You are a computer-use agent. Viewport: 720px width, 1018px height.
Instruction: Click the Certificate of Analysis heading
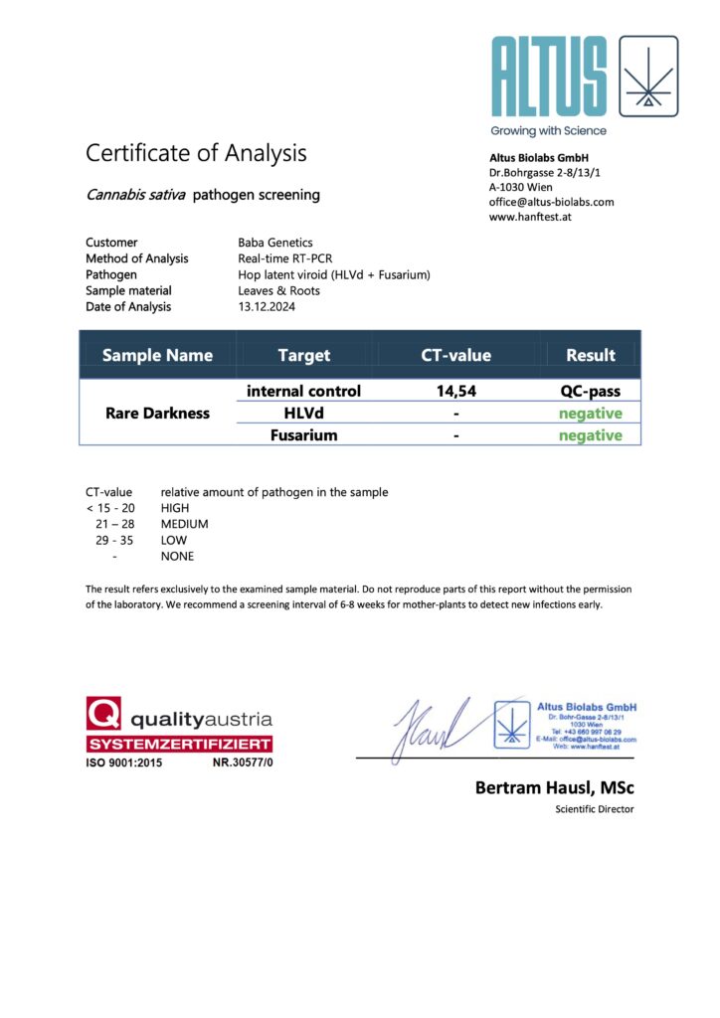point(196,153)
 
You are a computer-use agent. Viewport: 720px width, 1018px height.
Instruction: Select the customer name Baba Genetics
point(275,243)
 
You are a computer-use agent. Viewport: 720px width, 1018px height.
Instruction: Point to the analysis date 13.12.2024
point(267,306)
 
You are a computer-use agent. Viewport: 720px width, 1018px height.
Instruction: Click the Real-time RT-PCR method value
point(285,258)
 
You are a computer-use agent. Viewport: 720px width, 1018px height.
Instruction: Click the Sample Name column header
point(157,355)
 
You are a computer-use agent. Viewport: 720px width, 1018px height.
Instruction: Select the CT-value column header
point(456,355)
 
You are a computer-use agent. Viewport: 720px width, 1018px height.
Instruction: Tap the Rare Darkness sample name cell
point(157,413)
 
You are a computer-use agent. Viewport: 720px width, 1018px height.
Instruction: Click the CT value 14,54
point(456,391)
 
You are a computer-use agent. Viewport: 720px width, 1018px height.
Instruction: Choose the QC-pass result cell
point(591,391)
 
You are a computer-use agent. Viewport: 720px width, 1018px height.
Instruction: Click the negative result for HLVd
point(591,414)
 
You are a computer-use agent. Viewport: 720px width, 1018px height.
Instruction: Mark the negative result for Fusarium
point(591,435)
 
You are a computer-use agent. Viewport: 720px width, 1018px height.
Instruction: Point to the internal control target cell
point(303,391)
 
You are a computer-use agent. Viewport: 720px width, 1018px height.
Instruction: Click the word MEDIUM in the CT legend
point(185,524)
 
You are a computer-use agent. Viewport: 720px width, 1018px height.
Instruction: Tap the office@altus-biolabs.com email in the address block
point(551,202)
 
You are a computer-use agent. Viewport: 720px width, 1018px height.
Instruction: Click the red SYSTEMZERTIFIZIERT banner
point(179,745)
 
